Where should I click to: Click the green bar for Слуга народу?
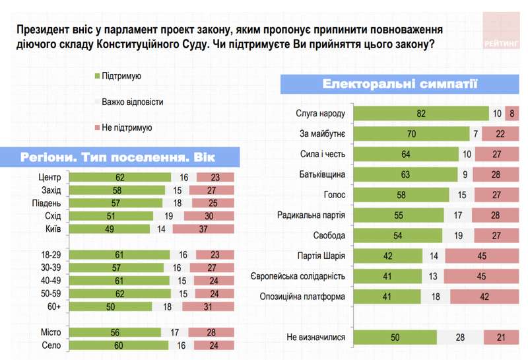point(420,114)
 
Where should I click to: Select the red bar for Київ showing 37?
point(205,229)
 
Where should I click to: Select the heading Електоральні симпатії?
point(401,85)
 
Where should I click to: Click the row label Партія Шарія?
point(321,256)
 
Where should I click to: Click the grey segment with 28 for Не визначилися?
point(459,338)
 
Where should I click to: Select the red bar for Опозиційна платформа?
point(484,297)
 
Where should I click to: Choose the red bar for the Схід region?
point(209,216)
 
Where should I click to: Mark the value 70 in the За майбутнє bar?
point(411,134)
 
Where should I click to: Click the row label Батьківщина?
point(322,174)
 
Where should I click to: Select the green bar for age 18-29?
point(119,254)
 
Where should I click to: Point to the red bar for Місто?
point(212,332)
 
